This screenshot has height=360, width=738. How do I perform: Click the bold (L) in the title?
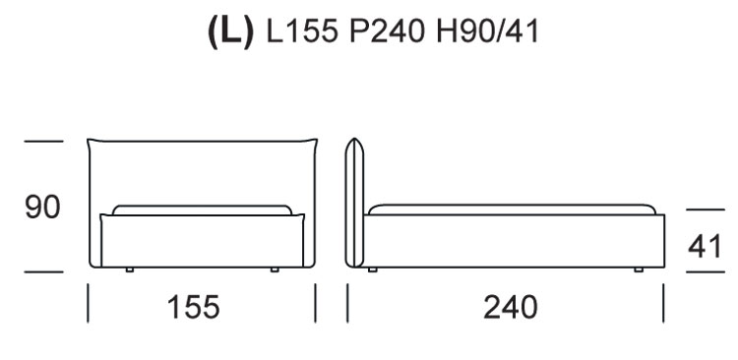230,31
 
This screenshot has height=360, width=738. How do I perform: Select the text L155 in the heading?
302,32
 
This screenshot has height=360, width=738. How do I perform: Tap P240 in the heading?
387,32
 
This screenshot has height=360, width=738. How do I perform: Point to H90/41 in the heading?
487,32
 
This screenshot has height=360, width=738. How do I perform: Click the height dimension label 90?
42,208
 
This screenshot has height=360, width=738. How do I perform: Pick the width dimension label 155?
194,307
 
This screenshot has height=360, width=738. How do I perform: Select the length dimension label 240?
511,307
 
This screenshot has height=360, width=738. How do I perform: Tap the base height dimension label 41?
705,246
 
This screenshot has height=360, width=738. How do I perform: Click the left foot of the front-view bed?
130,270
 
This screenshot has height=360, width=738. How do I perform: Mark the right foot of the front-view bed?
275,270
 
